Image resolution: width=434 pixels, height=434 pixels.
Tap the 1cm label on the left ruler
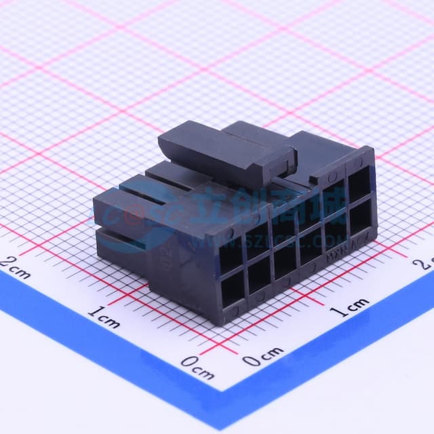tap(104, 317)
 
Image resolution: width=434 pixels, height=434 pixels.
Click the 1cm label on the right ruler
tap(349, 304)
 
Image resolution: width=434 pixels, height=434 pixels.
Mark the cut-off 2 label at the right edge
tap(427, 263)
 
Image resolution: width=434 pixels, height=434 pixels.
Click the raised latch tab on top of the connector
tap(227, 152)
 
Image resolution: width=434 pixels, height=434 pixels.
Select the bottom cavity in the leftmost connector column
tap(233, 290)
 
